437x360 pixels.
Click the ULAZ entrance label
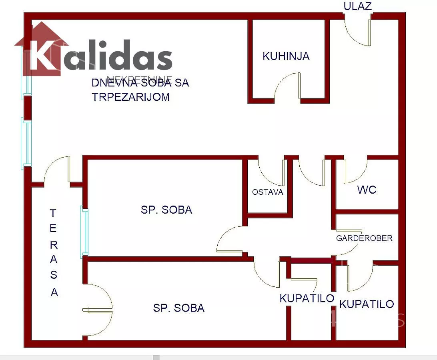click(x=357, y=6)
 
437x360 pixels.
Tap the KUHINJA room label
click(x=286, y=56)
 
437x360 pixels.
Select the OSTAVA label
click(x=267, y=192)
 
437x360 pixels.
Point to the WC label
click(x=367, y=190)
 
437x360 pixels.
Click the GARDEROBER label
click(x=364, y=238)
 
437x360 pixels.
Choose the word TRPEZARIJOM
click(x=131, y=97)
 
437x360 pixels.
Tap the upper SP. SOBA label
click(x=166, y=210)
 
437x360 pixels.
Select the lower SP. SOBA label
click(x=178, y=308)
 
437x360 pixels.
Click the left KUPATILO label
click(x=307, y=298)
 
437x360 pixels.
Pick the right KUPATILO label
click(x=367, y=304)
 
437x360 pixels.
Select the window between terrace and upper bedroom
click(x=84, y=231)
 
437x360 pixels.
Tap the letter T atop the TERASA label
click(x=53, y=213)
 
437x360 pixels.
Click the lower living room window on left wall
click(x=26, y=142)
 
